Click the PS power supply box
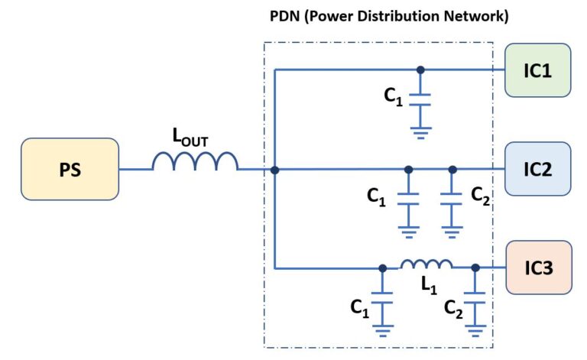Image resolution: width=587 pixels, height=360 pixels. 70,169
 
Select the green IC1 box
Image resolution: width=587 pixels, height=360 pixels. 538,70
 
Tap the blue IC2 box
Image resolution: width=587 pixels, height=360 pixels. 538,169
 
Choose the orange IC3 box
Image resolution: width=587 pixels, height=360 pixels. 538,268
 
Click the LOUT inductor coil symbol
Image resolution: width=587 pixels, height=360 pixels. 195,162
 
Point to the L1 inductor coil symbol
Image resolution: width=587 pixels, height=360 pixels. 426,264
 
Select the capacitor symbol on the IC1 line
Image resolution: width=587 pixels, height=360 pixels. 420,98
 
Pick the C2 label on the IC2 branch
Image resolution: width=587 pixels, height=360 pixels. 479,196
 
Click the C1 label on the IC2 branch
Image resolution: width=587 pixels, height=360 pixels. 376,197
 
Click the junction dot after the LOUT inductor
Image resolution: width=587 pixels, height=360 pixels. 274,169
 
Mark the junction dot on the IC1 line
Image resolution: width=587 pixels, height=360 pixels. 420,70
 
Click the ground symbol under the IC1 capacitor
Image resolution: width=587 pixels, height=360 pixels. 420,131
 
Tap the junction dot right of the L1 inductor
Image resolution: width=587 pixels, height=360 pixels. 475,268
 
